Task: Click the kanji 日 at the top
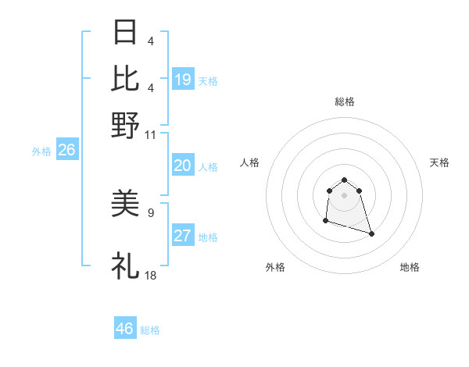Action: (x=125, y=34)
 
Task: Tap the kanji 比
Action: (x=125, y=79)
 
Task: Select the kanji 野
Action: (x=125, y=125)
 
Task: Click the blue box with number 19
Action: (x=183, y=80)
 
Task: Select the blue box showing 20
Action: (x=183, y=166)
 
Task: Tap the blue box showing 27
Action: (x=183, y=237)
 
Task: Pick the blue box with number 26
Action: (x=66, y=151)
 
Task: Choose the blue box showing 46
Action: (x=125, y=329)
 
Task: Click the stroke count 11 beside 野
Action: (x=151, y=134)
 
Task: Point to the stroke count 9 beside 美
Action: (x=151, y=211)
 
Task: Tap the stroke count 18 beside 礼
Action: (x=151, y=275)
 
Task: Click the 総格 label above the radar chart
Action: (x=344, y=102)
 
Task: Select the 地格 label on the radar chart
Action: (x=410, y=268)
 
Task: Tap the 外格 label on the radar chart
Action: (x=275, y=268)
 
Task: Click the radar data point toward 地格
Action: (x=371, y=233)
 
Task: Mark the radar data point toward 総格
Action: (x=344, y=178)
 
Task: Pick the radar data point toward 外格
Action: (x=325, y=221)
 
